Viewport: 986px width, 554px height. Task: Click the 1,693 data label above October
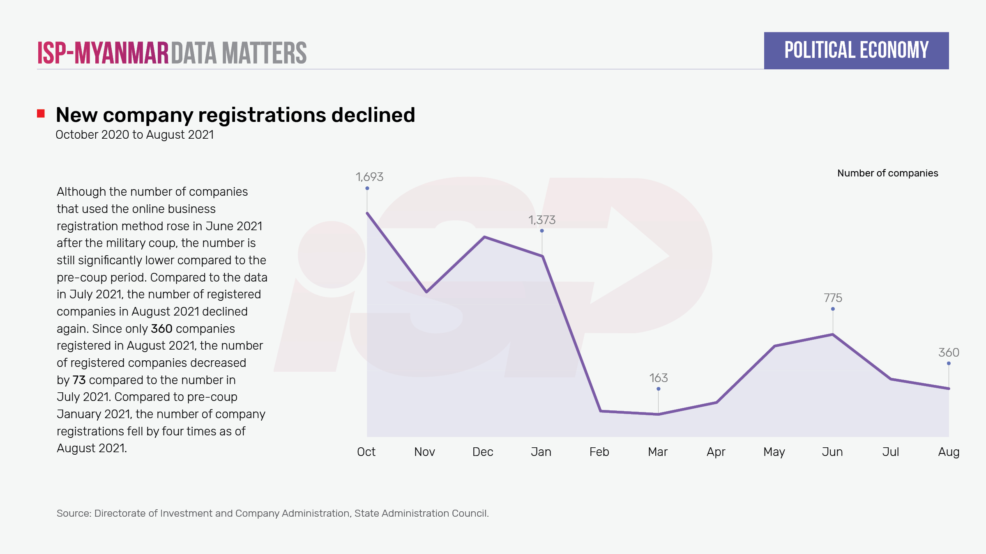pyautogui.click(x=369, y=177)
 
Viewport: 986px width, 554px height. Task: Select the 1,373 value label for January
pyautogui.click(x=542, y=220)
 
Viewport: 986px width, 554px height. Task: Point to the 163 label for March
pyautogui.click(x=658, y=378)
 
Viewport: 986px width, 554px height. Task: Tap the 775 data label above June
pyautogui.click(x=833, y=298)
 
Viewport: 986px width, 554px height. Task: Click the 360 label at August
pyautogui.click(x=949, y=353)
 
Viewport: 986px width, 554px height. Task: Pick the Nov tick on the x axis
pyautogui.click(x=424, y=452)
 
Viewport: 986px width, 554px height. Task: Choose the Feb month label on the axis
pyautogui.click(x=599, y=452)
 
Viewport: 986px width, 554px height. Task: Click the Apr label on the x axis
pyautogui.click(x=716, y=452)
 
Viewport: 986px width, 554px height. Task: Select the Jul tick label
pyautogui.click(x=891, y=452)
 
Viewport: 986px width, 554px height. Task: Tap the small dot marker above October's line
pyautogui.click(x=367, y=188)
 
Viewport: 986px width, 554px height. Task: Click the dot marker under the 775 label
pyautogui.click(x=833, y=309)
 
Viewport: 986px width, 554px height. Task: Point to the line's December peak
pyautogui.click(x=485, y=237)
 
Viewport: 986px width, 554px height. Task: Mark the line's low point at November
pyautogui.click(x=426, y=292)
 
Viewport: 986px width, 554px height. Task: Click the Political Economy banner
pyautogui.click(x=856, y=50)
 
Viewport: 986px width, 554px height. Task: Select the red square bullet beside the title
pyautogui.click(x=41, y=113)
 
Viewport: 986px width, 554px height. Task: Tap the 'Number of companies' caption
pyautogui.click(x=887, y=173)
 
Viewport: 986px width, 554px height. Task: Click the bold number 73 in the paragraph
pyautogui.click(x=79, y=380)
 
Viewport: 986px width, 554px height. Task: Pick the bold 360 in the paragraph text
pyautogui.click(x=161, y=329)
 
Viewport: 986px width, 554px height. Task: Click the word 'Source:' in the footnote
pyautogui.click(x=74, y=513)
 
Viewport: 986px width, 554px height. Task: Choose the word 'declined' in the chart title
pyautogui.click(x=373, y=115)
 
